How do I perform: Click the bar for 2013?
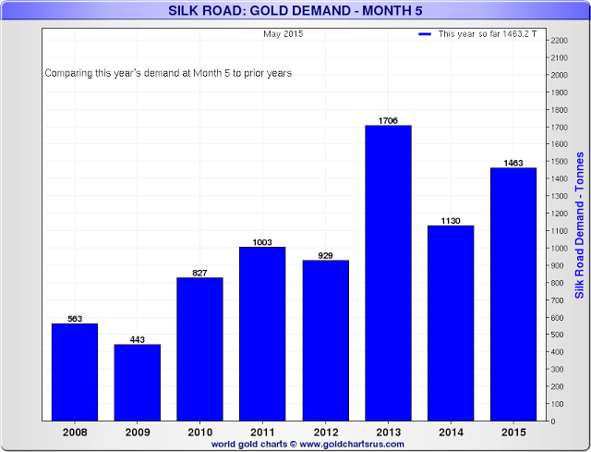click(x=388, y=273)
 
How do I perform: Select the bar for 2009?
click(x=138, y=383)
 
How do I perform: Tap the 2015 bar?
click(x=513, y=294)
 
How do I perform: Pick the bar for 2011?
click(x=263, y=334)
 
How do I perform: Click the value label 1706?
click(x=388, y=120)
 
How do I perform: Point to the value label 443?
click(x=138, y=338)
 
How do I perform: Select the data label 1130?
click(x=451, y=220)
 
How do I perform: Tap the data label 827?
click(x=200, y=272)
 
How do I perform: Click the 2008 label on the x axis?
click(x=75, y=432)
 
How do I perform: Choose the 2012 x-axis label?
click(x=326, y=432)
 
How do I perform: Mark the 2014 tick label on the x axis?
click(x=451, y=432)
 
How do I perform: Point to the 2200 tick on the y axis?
click(x=558, y=41)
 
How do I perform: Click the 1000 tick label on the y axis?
click(x=558, y=248)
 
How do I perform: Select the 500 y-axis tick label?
click(x=556, y=335)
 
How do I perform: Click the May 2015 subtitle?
click(x=283, y=34)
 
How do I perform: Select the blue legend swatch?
click(x=425, y=34)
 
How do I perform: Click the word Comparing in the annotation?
click(x=67, y=73)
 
